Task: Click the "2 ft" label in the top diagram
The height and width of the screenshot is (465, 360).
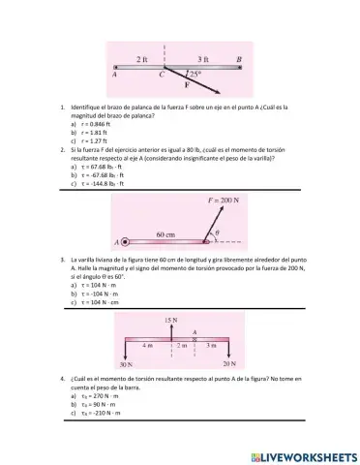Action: pyautogui.click(x=142, y=58)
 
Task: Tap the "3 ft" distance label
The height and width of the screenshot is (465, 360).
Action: pyautogui.click(x=202, y=58)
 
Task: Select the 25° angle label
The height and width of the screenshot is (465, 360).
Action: pyautogui.click(x=195, y=75)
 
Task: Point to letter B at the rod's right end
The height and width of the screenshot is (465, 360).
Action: pyautogui.click(x=238, y=59)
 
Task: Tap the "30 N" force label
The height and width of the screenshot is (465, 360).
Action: pyautogui.click(x=127, y=363)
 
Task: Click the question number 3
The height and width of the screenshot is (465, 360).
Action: pyautogui.click(x=61, y=261)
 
